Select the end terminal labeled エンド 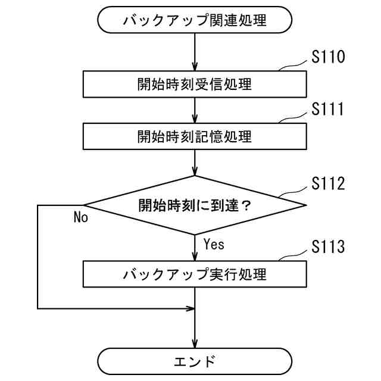[195, 361]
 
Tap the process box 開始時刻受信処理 [195, 84]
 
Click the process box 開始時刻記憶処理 [195, 136]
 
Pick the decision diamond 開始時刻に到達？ [195, 205]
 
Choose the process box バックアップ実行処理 [195, 274]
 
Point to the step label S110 [328, 58]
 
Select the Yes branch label [214, 243]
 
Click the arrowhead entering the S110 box [195, 68]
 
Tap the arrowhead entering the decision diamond [195, 172]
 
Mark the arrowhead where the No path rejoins [191, 308]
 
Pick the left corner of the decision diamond [85, 205]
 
